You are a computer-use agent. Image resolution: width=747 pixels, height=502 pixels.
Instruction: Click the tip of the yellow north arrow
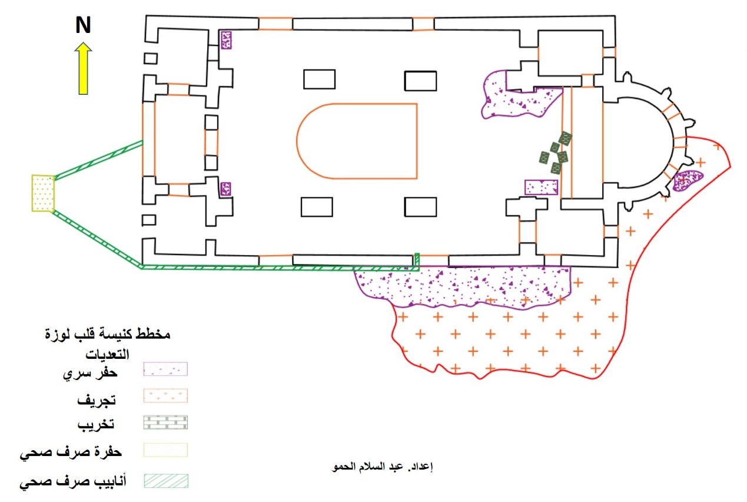[83, 42]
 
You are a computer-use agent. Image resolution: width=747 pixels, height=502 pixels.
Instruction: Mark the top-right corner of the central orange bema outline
[417, 104]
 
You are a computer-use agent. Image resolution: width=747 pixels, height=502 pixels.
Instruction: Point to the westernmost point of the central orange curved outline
[297, 141]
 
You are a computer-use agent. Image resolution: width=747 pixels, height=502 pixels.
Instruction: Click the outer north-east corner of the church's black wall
[615, 16]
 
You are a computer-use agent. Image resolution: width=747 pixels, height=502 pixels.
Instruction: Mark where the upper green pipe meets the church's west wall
[142, 143]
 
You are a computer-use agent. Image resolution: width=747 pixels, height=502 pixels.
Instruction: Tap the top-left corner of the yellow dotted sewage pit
[32, 175]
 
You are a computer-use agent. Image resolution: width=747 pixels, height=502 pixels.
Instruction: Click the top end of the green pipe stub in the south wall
[417, 254]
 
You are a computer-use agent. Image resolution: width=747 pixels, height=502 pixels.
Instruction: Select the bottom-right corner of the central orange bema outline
[417, 179]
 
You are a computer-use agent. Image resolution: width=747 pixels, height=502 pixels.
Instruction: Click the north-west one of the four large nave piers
[319, 80]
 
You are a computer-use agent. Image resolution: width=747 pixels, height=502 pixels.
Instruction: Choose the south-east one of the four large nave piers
[420, 207]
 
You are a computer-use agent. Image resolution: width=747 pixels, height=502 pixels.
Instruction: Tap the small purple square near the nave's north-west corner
[226, 40]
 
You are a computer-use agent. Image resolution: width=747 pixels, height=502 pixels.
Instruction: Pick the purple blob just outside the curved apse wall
[688, 180]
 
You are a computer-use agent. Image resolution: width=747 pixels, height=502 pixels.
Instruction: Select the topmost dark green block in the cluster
[565, 138]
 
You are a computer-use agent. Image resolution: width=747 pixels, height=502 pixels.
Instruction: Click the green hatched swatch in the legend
[166, 481]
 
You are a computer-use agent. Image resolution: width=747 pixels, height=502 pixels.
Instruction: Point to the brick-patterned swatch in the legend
[166, 422]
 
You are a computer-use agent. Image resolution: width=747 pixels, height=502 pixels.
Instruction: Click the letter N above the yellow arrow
[83, 25]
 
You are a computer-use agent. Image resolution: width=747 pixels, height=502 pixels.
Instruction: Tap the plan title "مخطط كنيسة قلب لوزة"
[108, 333]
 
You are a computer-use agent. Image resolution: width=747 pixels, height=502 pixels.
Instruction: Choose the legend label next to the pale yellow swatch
[71, 453]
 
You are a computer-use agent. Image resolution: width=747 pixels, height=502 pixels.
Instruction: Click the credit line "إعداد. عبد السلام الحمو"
[382, 467]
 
